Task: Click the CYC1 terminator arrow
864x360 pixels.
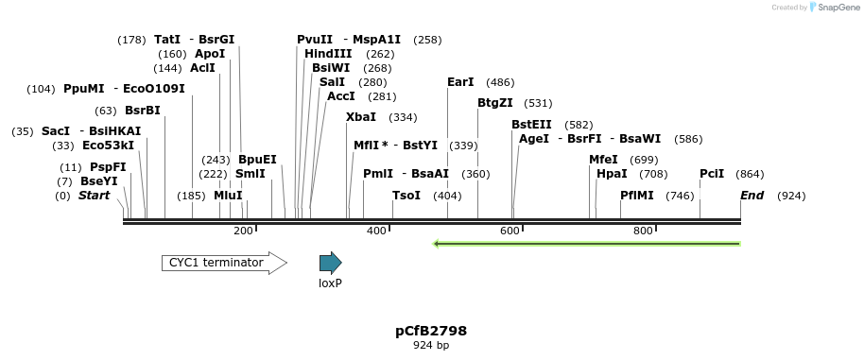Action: coord(224,263)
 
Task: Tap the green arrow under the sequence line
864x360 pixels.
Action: coord(586,244)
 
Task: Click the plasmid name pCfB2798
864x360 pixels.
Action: coord(431,331)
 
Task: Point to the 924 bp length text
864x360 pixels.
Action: coord(431,346)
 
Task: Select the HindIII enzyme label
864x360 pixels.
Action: coord(328,54)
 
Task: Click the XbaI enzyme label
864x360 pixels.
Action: coord(361,117)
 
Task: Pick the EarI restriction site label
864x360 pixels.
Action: coord(460,82)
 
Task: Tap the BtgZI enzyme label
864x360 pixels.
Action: coord(495,103)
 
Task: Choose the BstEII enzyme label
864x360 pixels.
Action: coord(532,125)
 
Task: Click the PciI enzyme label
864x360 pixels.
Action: coord(712,174)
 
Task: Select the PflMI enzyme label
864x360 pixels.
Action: coord(637,196)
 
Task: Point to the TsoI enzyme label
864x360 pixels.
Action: coord(406,196)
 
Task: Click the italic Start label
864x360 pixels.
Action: coord(94,196)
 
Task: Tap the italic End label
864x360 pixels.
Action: coord(752,196)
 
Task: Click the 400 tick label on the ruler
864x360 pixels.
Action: coord(376,231)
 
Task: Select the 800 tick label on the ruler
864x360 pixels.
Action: coord(643,231)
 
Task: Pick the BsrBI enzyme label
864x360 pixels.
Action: coord(143,111)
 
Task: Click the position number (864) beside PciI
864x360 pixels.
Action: coord(750,174)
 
